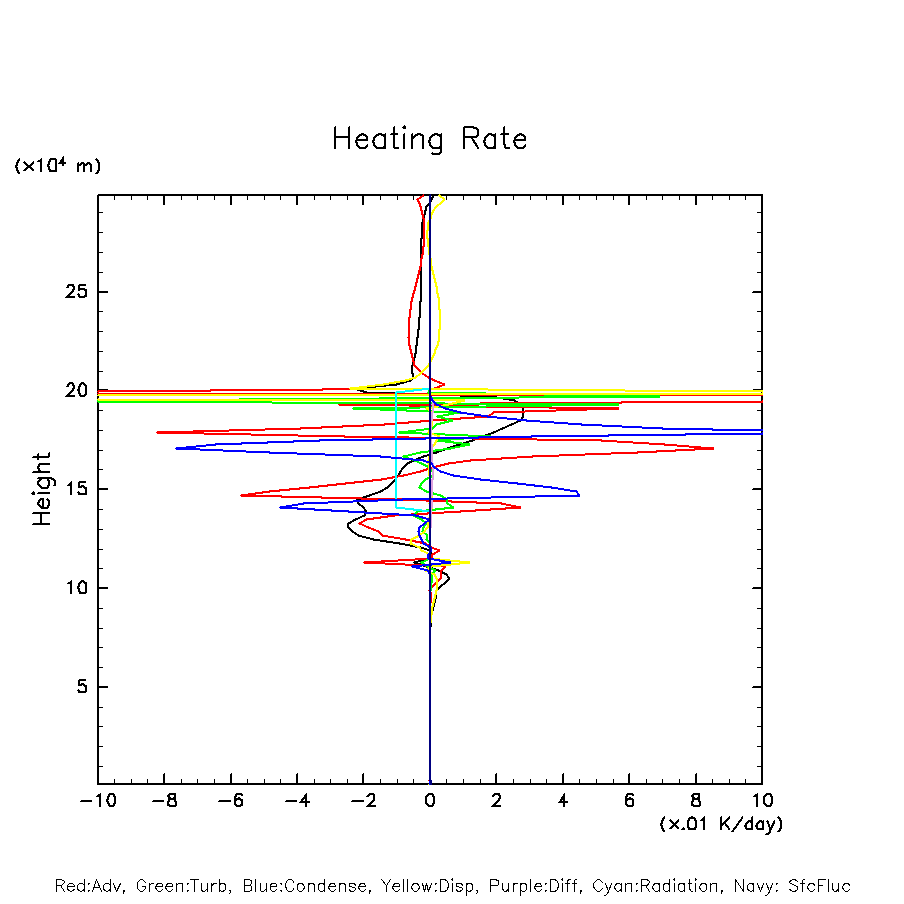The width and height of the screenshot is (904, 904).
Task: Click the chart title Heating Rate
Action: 429,139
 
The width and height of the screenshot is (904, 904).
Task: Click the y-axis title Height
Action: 42,489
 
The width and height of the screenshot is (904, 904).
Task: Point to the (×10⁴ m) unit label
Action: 57,166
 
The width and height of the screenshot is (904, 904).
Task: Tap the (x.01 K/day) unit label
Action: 720,824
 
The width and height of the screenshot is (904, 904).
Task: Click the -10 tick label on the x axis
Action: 97,801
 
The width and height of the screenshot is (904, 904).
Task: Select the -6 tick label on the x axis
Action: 230,801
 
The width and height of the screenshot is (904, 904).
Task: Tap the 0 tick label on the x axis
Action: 430,801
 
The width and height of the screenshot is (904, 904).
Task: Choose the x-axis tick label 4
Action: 563,801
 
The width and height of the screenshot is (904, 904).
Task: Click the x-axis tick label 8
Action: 696,801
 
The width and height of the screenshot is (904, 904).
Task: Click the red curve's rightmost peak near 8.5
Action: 713,448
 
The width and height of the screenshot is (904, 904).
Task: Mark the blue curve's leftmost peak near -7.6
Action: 177,448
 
